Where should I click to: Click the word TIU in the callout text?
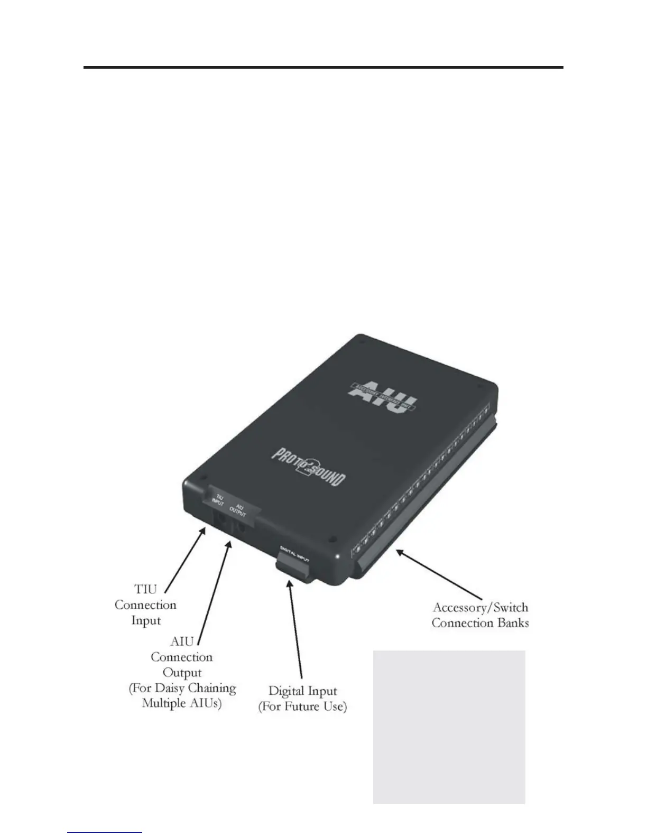[x=146, y=589]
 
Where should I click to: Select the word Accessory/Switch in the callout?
[x=480, y=608]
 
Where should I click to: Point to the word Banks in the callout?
[x=512, y=623]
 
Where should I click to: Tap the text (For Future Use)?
[x=302, y=706]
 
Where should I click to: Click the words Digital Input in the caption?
[x=302, y=691]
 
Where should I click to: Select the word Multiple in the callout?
[x=164, y=703]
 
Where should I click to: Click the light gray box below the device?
[x=449, y=727]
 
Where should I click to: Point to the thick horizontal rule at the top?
[x=323, y=68]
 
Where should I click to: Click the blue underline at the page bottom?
[x=105, y=833]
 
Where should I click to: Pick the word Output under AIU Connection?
[x=182, y=673]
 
